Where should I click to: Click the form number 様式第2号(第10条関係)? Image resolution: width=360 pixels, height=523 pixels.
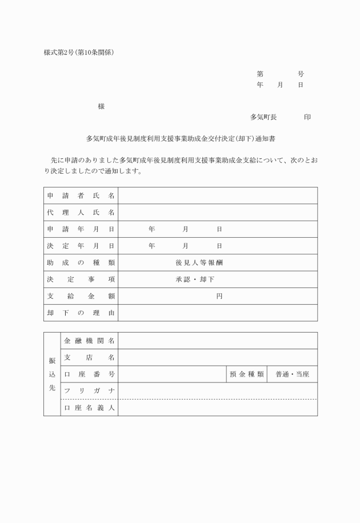click(79, 53)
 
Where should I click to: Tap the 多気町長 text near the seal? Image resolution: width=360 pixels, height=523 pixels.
click(263, 117)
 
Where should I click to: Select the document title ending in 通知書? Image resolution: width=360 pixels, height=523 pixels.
click(181, 138)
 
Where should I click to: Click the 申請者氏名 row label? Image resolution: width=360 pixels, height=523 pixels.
click(81, 195)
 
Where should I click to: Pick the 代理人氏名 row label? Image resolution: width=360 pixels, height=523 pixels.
click(81, 213)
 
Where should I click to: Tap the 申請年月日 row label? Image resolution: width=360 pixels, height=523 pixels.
click(81, 229)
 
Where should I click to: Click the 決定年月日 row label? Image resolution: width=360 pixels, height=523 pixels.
click(81, 246)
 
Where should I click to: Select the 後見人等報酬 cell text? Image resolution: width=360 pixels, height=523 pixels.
click(195, 263)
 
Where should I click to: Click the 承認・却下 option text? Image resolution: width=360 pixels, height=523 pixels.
click(195, 280)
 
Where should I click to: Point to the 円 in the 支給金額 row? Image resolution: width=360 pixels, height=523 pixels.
click(219, 296)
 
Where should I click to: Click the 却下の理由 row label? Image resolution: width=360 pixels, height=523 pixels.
click(81, 313)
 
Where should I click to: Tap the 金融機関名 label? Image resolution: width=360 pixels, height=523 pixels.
click(89, 341)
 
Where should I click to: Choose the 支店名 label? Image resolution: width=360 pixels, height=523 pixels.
click(89, 357)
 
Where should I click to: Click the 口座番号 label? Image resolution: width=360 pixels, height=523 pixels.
click(89, 374)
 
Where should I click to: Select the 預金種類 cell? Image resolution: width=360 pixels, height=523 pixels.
click(247, 374)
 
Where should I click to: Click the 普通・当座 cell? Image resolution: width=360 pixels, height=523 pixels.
click(292, 374)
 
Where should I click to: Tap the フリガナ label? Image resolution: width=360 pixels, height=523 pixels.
click(89, 391)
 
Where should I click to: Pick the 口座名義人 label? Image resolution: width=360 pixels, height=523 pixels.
click(89, 408)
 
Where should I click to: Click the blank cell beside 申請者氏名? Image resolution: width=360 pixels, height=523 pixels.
click(218, 195)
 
